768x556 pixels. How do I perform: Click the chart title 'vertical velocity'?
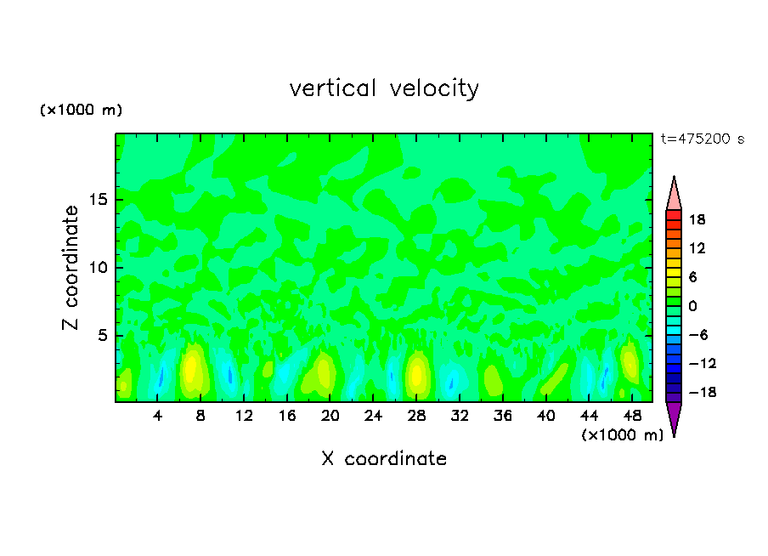tap(384, 88)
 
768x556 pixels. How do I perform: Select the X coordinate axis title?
tap(384, 459)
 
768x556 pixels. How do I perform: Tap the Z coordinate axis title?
tap(71, 268)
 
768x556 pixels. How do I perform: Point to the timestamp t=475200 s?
tap(702, 139)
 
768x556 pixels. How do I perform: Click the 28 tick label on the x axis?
tap(416, 417)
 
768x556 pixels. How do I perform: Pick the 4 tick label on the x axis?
tap(158, 417)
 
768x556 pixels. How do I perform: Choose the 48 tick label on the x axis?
tap(631, 417)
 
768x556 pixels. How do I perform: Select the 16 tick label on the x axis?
tap(287, 417)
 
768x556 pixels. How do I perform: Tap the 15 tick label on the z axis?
tap(101, 201)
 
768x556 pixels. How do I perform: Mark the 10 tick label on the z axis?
tap(101, 268)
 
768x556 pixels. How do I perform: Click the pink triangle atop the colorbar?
tap(674, 194)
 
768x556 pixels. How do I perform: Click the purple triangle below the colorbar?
tap(674, 417)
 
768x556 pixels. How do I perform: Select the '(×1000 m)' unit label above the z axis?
tap(81, 111)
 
